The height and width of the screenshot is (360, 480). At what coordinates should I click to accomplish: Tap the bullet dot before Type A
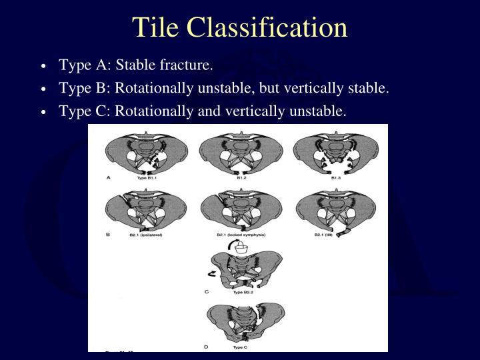(44, 67)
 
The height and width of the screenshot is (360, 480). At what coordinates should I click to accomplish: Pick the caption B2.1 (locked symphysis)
(238, 235)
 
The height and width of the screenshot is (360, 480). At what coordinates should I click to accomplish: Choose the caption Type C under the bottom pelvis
(241, 347)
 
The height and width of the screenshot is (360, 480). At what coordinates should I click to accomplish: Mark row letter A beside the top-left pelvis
(108, 177)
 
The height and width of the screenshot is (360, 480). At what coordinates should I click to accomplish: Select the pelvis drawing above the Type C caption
(245, 321)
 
